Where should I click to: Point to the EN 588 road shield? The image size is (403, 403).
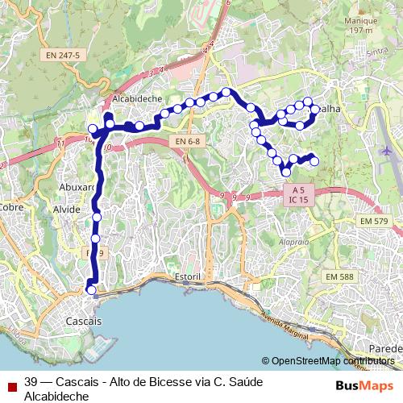pyautogui.click(x=340, y=276)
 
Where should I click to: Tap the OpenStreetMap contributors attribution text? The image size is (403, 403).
pyautogui.click(x=327, y=361)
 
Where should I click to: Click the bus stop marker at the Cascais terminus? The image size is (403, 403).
pyautogui.click(x=91, y=290)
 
